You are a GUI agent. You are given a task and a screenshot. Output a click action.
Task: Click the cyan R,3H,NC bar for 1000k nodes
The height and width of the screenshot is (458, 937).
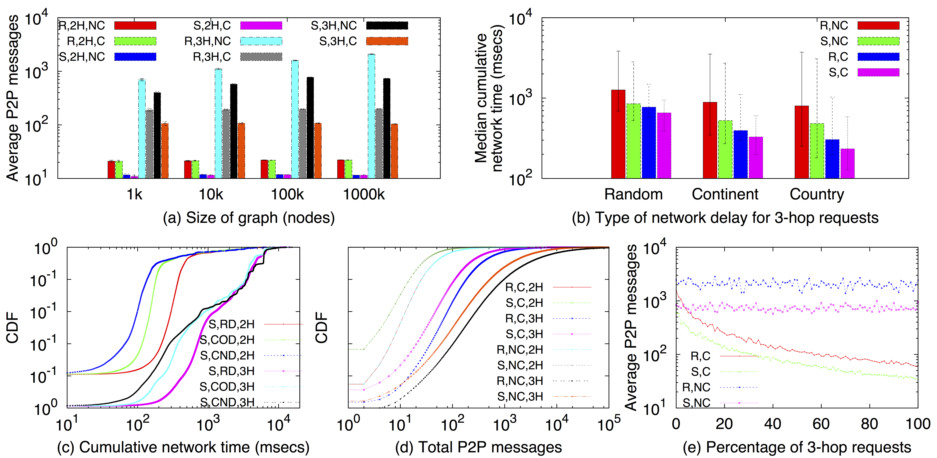(371, 116)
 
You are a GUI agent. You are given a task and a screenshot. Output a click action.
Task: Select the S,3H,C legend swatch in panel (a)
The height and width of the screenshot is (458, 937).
(387, 41)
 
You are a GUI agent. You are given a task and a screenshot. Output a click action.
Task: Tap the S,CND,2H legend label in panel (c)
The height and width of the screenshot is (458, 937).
(227, 355)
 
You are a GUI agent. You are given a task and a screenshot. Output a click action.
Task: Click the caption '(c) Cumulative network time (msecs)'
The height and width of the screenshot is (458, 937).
(183, 447)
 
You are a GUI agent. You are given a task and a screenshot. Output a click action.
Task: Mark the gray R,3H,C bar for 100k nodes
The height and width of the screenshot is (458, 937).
(302, 144)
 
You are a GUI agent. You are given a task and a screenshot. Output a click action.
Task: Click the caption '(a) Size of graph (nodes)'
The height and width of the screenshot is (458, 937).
(249, 218)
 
